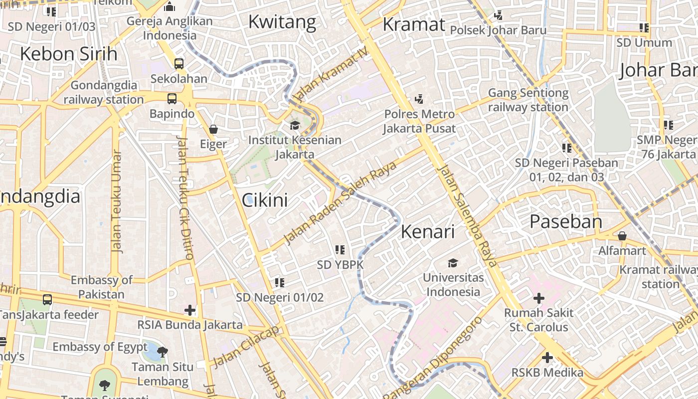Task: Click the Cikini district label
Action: point(265,200)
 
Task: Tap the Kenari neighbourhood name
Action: point(428,231)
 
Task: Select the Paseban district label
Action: point(566,221)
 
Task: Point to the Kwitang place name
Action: point(282,22)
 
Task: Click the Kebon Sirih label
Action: point(69,54)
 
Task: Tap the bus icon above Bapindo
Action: point(172,99)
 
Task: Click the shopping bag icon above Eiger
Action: point(213,130)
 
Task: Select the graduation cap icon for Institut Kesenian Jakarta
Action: point(295,125)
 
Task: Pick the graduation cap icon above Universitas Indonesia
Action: point(453,263)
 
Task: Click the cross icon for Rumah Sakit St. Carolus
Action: point(538,298)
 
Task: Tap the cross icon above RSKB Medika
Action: point(547,358)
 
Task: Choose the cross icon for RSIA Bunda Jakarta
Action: point(190,310)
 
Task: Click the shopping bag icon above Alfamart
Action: point(622,235)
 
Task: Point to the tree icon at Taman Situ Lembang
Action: point(162,352)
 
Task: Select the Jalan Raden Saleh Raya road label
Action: point(340,202)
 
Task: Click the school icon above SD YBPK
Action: point(340,249)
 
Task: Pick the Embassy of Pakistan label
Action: point(101,287)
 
